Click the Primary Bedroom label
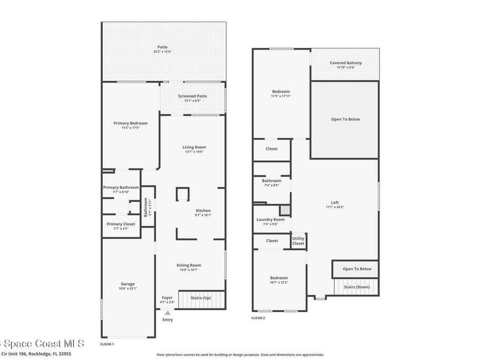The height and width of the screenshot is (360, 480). coord(130,123)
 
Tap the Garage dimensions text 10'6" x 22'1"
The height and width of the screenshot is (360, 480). coord(128,289)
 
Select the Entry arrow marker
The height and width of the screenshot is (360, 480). coord(167,313)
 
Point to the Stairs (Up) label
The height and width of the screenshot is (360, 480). coord(200,298)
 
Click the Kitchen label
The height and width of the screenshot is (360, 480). coord(203,210)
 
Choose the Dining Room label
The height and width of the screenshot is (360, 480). coord(189,265)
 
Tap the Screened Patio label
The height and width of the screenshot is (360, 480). coord(192,96)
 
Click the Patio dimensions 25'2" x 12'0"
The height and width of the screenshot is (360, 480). coord(163,52)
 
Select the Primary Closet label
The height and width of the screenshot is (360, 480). coord(121,224)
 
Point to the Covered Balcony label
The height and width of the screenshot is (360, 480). coord(345,63)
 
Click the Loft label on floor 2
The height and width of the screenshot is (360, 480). coord(335,202)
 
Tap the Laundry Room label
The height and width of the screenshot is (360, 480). coord(270,219)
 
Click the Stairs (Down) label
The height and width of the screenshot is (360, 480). coord(356,287)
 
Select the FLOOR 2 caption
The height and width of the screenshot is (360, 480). coord(258,318)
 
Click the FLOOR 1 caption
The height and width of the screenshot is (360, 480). coord(107,344)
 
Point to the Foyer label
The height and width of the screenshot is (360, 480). coord(167,298)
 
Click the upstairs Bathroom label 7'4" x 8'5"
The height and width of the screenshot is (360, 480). coord(272,180)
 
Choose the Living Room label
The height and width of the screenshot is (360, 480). coord(194,147)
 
